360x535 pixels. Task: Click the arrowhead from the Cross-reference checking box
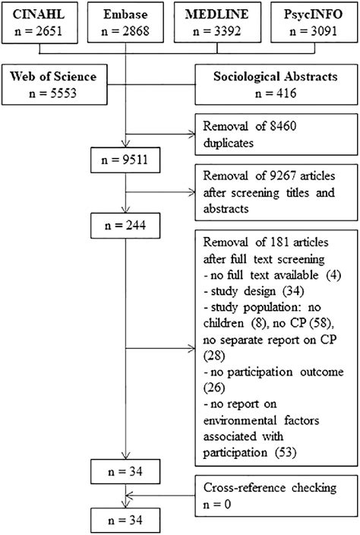coord(133,495)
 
